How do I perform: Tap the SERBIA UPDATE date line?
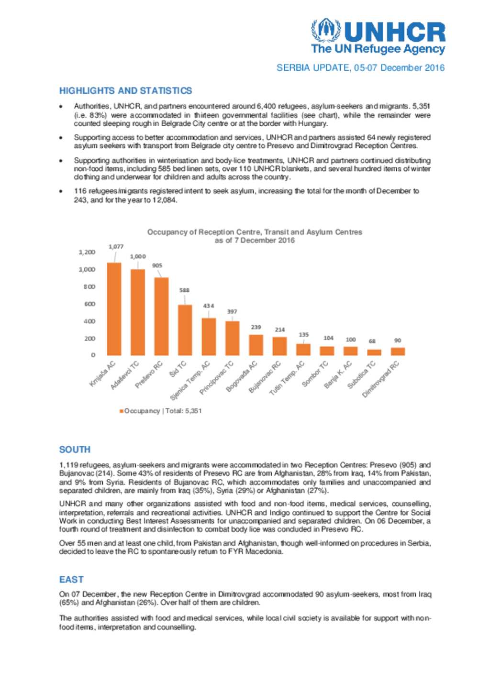(x=360, y=68)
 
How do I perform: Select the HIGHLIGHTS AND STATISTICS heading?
(x=125, y=90)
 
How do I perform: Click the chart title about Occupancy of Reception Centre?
(x=255, y=236)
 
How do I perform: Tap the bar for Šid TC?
(x=185, y=330)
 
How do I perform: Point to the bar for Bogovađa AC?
(x=256, y=345)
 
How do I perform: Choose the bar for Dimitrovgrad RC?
(x=398, y=352)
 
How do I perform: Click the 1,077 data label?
(x=116, y=247)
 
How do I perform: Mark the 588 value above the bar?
(x=184, y=290)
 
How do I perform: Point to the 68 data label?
(x=372, y=341)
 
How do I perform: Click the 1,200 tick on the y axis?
(x=87, y=252)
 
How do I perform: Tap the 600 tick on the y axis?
(x=89, y=304)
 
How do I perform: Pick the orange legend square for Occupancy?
(x=122, y=411)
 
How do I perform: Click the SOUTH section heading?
(x=75, y=450)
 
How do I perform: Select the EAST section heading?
(x=71, y=580)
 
